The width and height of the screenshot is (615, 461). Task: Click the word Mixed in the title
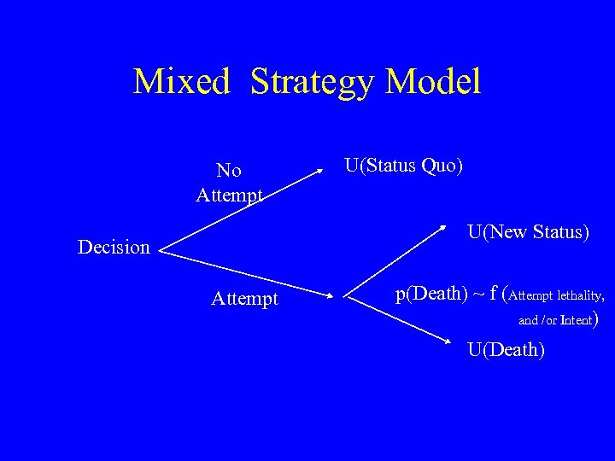pyautogui.click(x=182, y=82)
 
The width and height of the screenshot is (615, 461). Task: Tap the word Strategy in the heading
pyautogui.click(x=313, y=82)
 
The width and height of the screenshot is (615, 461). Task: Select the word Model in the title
pyautogui.click(x=434, y=82)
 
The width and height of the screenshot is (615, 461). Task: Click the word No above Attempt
pyautogui.click(x=229, y=171)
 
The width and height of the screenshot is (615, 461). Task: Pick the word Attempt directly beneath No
pyautogui.click(x=229, y=195)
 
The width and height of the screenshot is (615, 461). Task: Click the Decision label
pyautogui.click(x=114, y=248)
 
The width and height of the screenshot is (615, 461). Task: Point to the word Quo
pyautogui.click(x=442, y=164)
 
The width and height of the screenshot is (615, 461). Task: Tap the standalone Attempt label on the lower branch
pyautogui.click(x=244, y=299)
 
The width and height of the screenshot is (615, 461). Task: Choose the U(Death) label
pyautogui.click(x=505, y=349)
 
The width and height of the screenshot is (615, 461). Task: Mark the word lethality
pyautogui.click(x=580, y=296)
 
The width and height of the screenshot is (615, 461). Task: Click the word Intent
pyautogui.click(x=580, y=321)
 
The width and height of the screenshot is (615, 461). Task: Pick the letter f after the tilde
pyautogui.click(x=493, y=295)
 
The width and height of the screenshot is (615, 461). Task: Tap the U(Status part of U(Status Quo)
pyautogui.click(x=380, y=164)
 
